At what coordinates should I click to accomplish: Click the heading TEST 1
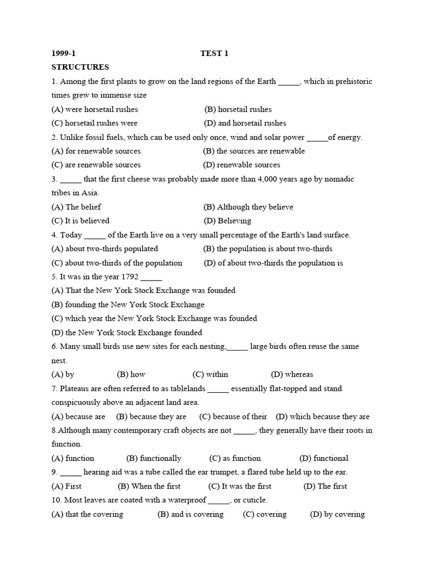214,53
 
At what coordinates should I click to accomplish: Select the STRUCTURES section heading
80,67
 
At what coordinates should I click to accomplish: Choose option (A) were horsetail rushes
95,109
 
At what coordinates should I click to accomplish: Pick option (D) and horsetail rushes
245,123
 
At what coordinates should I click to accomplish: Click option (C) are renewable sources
96,165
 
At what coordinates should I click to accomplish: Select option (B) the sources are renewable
254,151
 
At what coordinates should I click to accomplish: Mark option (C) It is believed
80,221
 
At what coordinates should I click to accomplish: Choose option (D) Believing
227,221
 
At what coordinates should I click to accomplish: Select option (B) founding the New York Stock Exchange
128,305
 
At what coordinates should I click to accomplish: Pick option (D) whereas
292,374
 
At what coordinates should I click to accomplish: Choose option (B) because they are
151,417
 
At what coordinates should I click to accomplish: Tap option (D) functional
324,458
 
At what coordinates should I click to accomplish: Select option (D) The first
326,486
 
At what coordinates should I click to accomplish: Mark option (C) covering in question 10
265,514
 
